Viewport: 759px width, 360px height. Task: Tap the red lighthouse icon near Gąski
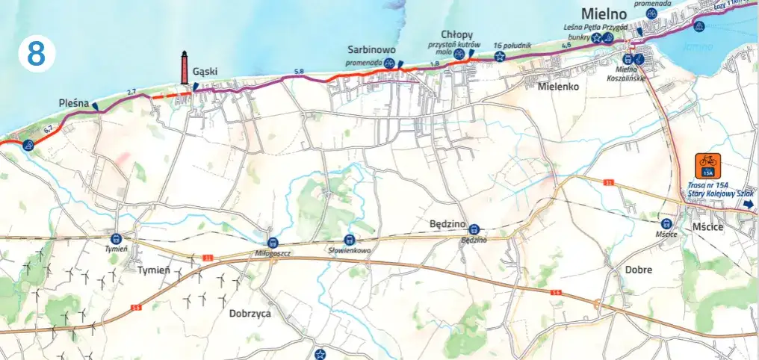(x=184, y=67)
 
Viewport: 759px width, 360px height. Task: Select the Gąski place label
(x=205, y=72)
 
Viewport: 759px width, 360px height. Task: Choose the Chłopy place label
(x=456, y=34)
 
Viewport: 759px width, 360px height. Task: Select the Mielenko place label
(x=560, y=86)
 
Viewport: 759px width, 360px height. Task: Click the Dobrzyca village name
(x=250, y=314)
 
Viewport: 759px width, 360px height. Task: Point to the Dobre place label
(x=639, y=269)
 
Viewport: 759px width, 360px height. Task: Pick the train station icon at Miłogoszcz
(x=273, y=242)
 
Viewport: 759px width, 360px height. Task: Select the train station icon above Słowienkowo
(x=350, y=238)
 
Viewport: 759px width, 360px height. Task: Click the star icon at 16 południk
(x=498, y=55)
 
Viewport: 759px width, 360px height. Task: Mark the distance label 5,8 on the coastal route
(x=300, y=71)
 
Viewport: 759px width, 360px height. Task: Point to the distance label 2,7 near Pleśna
(x=132, y=92)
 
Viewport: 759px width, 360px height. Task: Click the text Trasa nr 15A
(x=707, y=184)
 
